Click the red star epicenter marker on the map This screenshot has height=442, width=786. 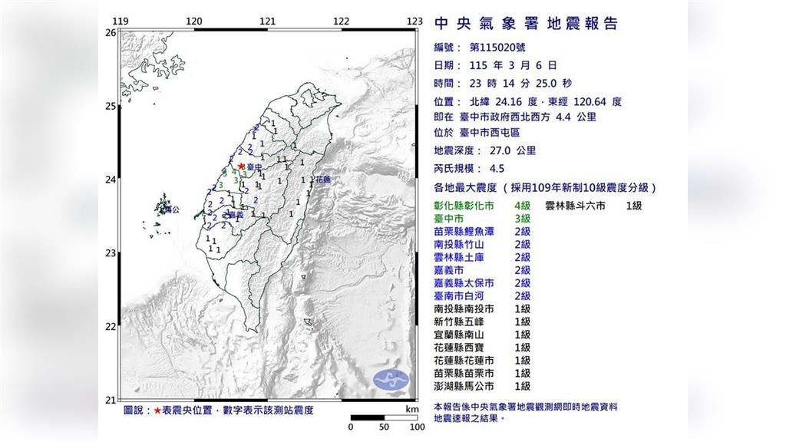[241, 166]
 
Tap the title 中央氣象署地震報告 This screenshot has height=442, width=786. [526, 24]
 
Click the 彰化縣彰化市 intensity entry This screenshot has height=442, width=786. [464, 206]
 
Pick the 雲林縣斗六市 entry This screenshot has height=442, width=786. [575, 206]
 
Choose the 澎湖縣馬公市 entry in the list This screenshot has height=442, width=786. [464, 386]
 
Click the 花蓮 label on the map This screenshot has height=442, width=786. [323, 180]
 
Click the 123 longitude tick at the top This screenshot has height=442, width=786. [415, 21]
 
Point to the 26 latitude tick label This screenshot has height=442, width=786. [110, 33]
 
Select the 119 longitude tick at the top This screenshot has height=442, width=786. [119, 21]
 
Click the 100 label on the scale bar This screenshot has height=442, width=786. [416, 427]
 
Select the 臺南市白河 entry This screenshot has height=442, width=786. [464, 296]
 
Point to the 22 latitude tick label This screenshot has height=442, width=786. [110, 327]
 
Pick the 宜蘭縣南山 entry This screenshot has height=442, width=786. [464, 335]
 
